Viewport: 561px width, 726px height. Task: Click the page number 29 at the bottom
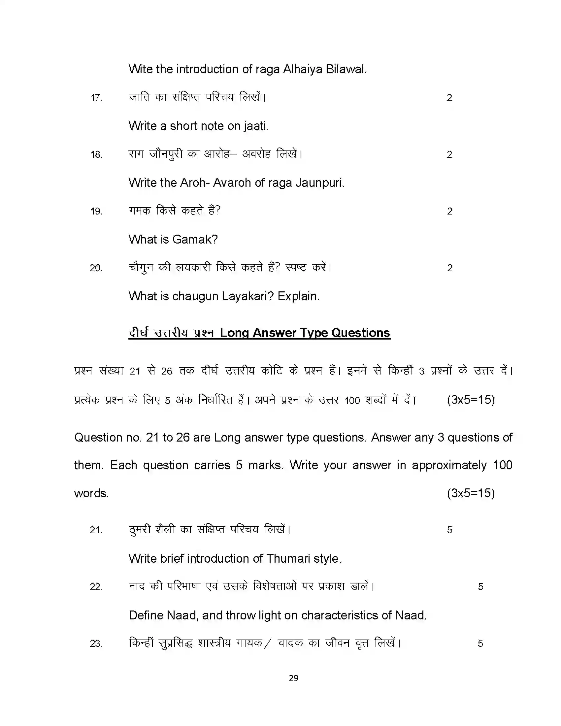click(x=293, y=678)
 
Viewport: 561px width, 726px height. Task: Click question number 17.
click(x=96, y=98)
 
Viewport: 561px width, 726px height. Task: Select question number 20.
click(x=96, y=268)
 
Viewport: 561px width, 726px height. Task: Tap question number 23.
click(x=96, y=643)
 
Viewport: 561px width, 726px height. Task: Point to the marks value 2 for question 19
click(x=449, y=212)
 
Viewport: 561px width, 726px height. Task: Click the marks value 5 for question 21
click(x=449, y=530)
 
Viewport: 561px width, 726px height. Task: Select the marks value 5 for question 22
click(x=480, y=587)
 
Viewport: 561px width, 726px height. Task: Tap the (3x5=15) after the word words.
click(x=471, y=493)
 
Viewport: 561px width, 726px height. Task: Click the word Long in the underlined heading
click(x=234, y=333)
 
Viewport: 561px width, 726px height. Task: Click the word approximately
click(x=449, y=465)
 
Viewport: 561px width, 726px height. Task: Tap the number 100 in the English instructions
click(x=502, y=465)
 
